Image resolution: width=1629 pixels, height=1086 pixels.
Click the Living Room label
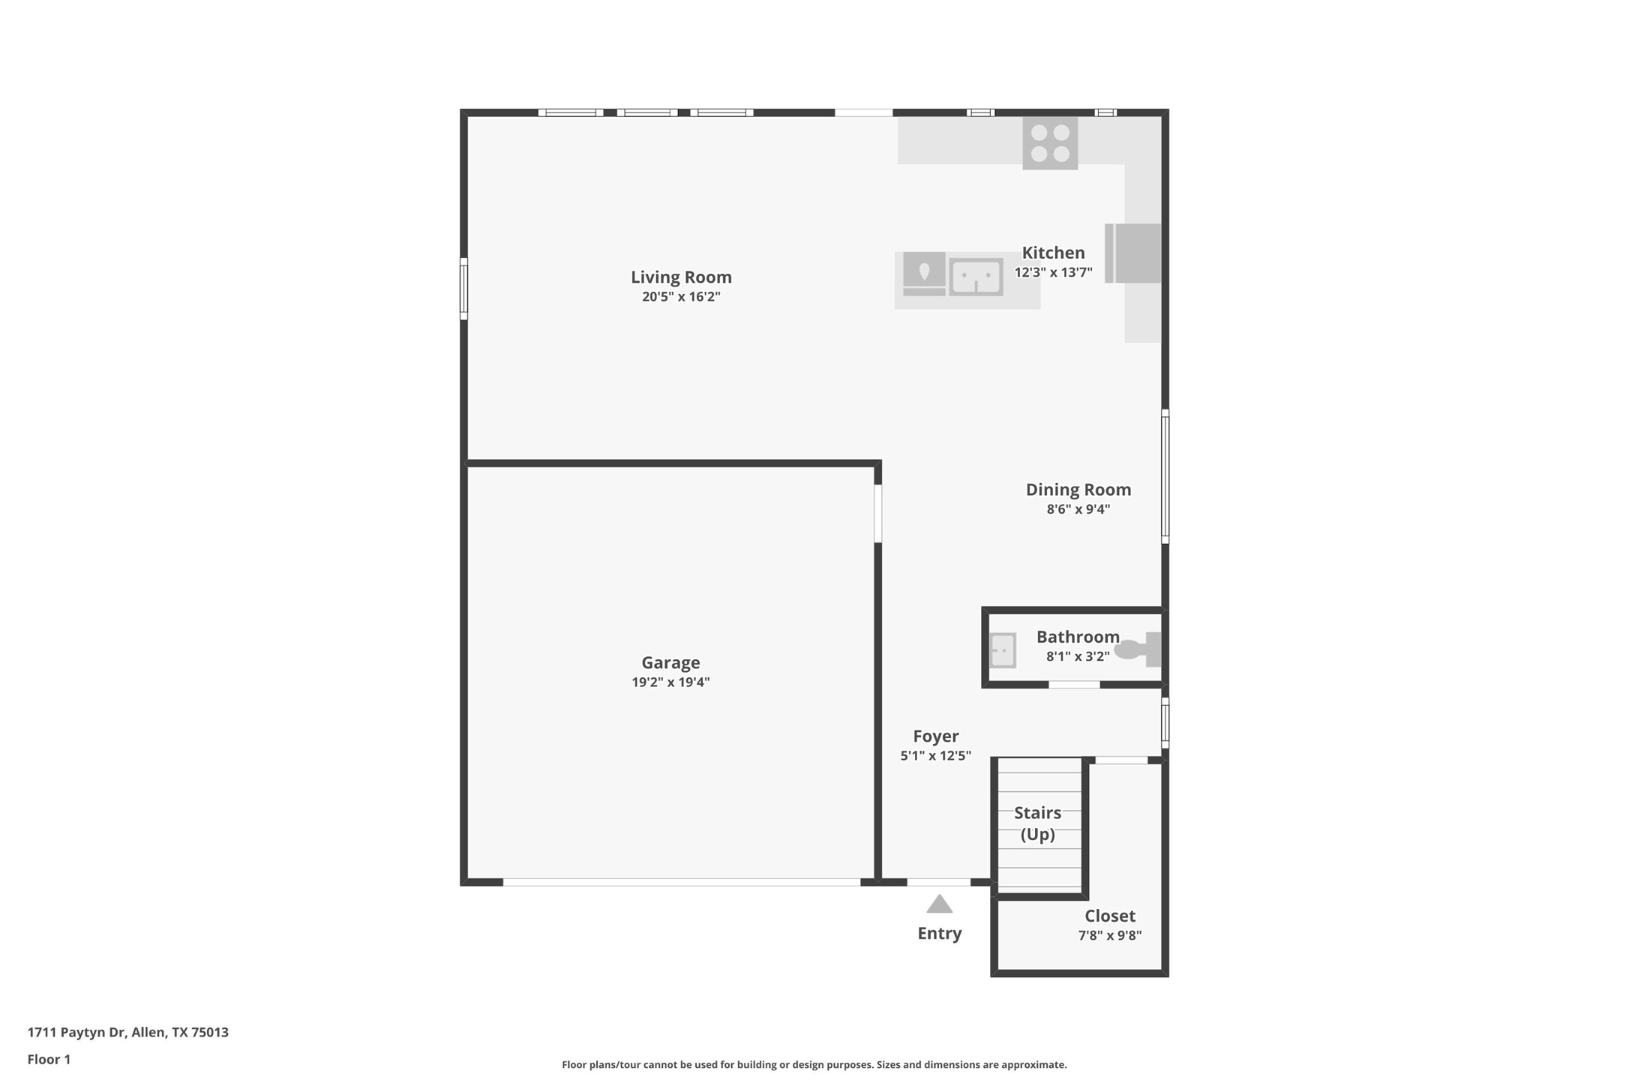pos(681,277)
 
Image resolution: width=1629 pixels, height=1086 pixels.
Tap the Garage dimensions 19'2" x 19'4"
pos(670,682)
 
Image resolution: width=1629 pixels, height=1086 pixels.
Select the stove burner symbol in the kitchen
pos(1050,143)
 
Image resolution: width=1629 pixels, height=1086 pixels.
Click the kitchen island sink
pos(976,277)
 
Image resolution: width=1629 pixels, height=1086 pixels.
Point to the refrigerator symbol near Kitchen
pos(1132,253)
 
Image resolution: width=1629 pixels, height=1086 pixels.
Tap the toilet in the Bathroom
pos(1138,649)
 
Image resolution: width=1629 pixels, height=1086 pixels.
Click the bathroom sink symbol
pos(1003,650)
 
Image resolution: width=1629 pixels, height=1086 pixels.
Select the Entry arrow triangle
pos(939,904)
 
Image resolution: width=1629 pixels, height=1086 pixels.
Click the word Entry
pos(940,934)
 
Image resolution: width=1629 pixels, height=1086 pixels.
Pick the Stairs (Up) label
pos(1038,823)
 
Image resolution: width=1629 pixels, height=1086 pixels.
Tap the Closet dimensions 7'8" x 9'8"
pos(1110,936)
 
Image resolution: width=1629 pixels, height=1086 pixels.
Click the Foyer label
pos(936,736)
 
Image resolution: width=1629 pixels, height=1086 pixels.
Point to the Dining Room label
pos(1078,490)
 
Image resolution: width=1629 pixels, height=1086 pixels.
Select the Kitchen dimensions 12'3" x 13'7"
pos(1054,273)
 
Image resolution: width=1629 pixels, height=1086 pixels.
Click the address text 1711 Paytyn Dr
pos(76,1033)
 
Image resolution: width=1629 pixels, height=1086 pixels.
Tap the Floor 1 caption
pos(49,1060)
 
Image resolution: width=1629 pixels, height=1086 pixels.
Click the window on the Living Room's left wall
pos(463,289)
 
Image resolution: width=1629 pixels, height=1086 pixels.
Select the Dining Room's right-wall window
pos(1165,476)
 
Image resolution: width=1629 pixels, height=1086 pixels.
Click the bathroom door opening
pos(1074,685)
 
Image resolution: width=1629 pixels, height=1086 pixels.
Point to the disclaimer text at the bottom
pos(814,1065)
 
